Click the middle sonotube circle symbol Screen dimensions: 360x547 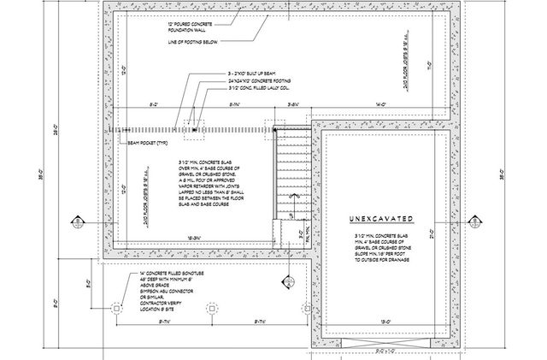(x=212, y=307)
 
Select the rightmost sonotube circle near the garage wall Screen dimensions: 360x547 (x=305, y=307)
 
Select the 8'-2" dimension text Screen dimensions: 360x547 (x=154, y=103)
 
